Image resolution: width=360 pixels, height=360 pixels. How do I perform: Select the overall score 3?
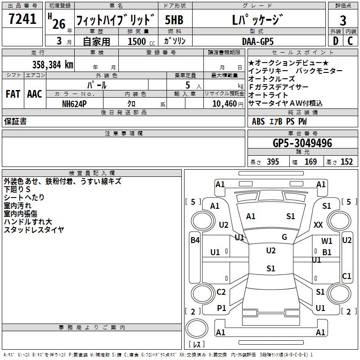click(x=343, y=20)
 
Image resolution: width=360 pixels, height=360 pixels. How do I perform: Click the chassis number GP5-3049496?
click(x=302, y=143)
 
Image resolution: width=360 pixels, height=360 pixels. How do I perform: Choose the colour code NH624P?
click(x=75, y=103)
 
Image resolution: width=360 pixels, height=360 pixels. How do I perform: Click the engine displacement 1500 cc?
click(x=137, y=41)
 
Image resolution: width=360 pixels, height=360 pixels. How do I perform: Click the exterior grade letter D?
click(x=335, y=41)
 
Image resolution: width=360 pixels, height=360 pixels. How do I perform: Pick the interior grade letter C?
click(x=351, y=41)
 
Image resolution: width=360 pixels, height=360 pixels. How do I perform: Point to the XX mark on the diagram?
click(x=319, y=225)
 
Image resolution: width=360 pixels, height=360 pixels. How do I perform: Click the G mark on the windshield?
click(x=284, y=237)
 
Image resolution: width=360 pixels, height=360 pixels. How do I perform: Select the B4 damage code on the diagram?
click(x=195, y=240)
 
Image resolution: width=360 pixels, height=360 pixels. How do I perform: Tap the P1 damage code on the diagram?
click(x=221, y=308)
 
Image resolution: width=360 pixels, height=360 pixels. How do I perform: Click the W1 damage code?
click(x=327, y=241)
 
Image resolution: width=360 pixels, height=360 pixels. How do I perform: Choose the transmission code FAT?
click(x=13, y=94)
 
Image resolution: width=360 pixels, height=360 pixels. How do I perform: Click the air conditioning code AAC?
click(x=35, y=94)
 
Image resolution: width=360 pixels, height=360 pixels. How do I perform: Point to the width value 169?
click(x=311, y=162)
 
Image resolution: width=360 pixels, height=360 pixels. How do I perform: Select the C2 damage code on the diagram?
click(x=221, y=292)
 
